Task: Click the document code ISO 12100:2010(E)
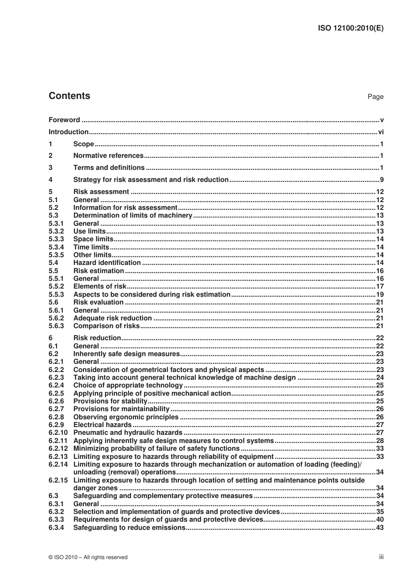click(350, 28)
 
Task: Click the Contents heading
click(69, 96)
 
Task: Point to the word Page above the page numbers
click(375, 97)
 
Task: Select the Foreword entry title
click(64, 120)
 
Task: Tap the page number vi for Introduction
click(381, 132)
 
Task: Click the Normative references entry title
click(108, 156)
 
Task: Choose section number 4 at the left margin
click(51, 180)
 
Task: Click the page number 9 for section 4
click(381, 180)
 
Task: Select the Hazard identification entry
click(107, 263)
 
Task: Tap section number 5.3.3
click(56, 239)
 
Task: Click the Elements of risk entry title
click(100, 286)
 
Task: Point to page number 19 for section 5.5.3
click(380, 295)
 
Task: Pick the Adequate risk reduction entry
click(112, 318)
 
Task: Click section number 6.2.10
click(58, 433)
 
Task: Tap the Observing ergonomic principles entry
click(126, 417)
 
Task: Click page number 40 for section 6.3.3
click(380, 520)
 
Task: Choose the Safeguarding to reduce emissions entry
click(129, 528)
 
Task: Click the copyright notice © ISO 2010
click(88, 557)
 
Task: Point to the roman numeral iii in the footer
click(381, 557)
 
